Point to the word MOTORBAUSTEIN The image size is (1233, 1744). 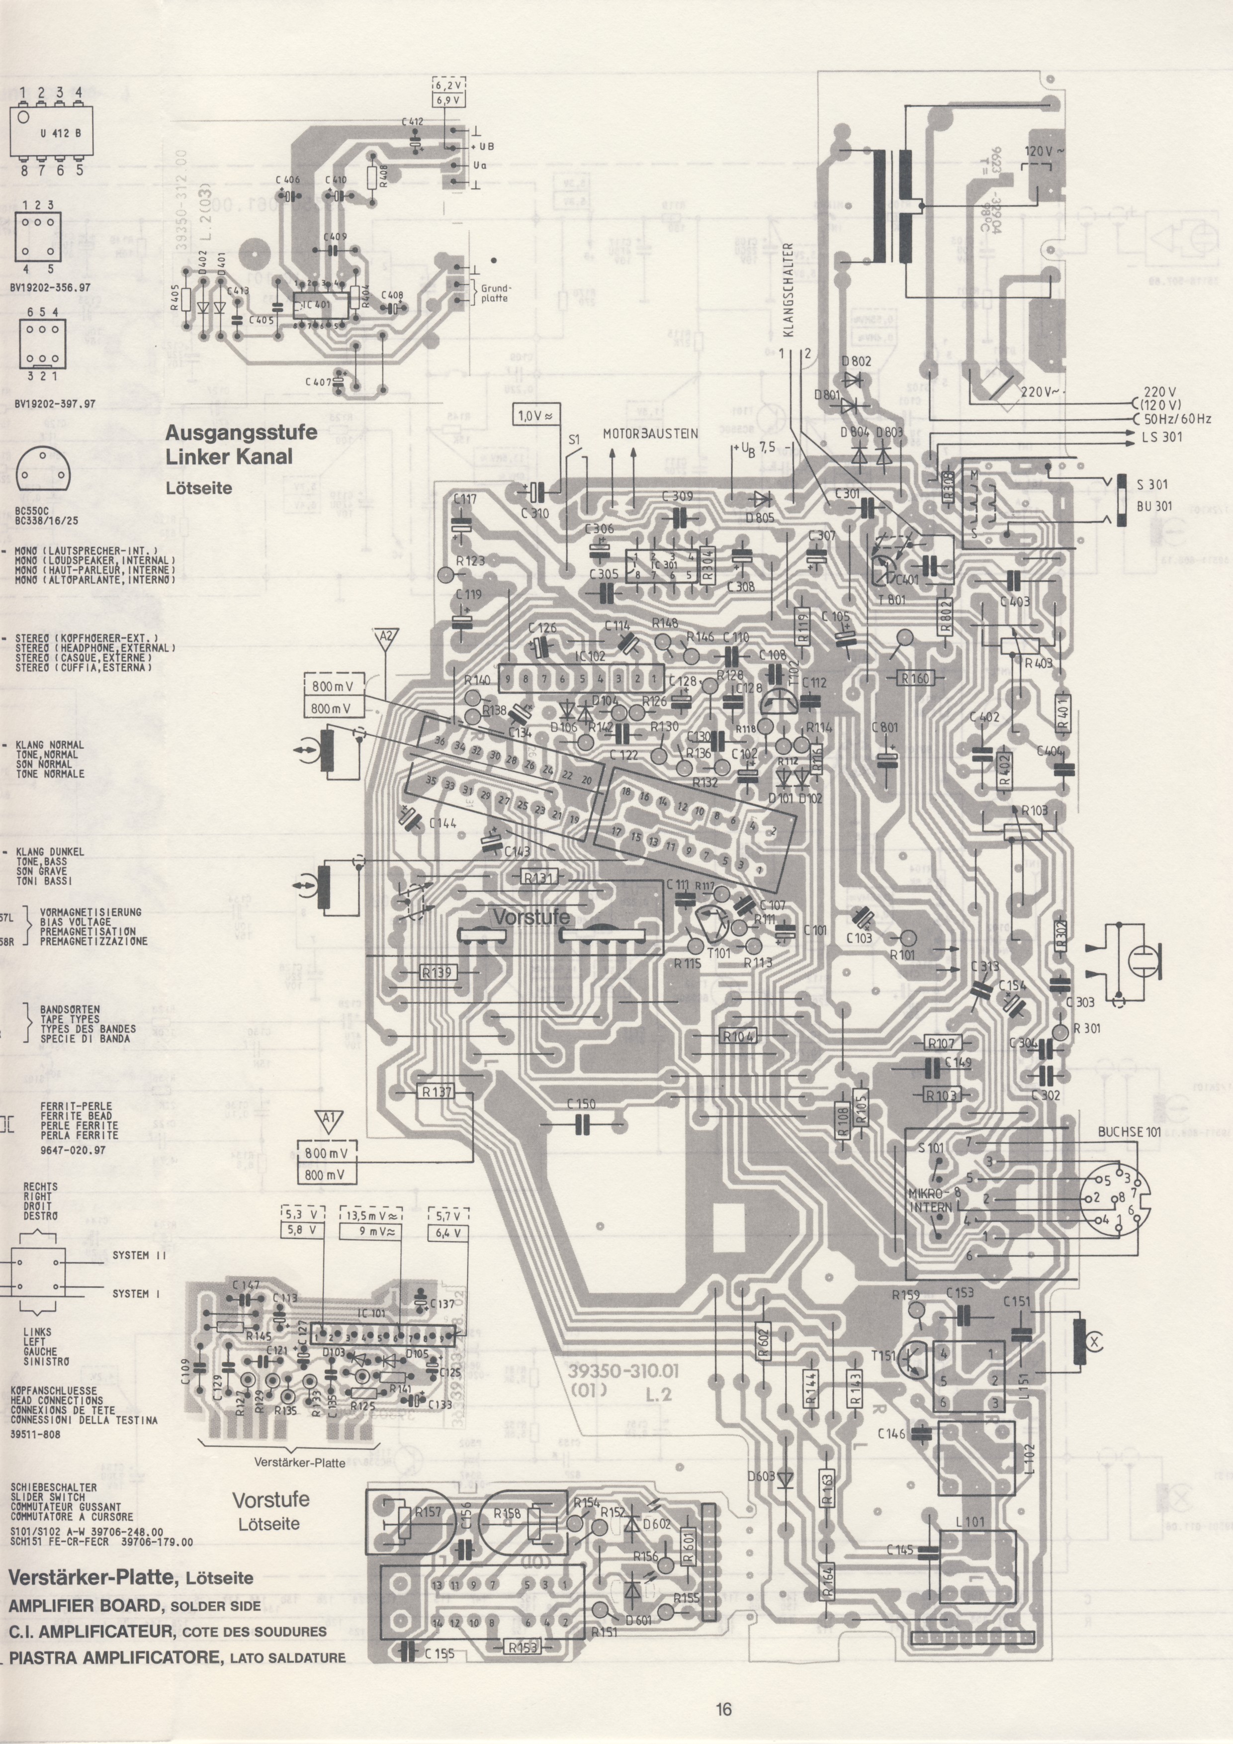pos(651,434)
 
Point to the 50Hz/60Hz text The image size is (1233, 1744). pos(1176,419)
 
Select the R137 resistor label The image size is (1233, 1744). pos(438,1092)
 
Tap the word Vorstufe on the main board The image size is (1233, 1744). pos(531,918)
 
